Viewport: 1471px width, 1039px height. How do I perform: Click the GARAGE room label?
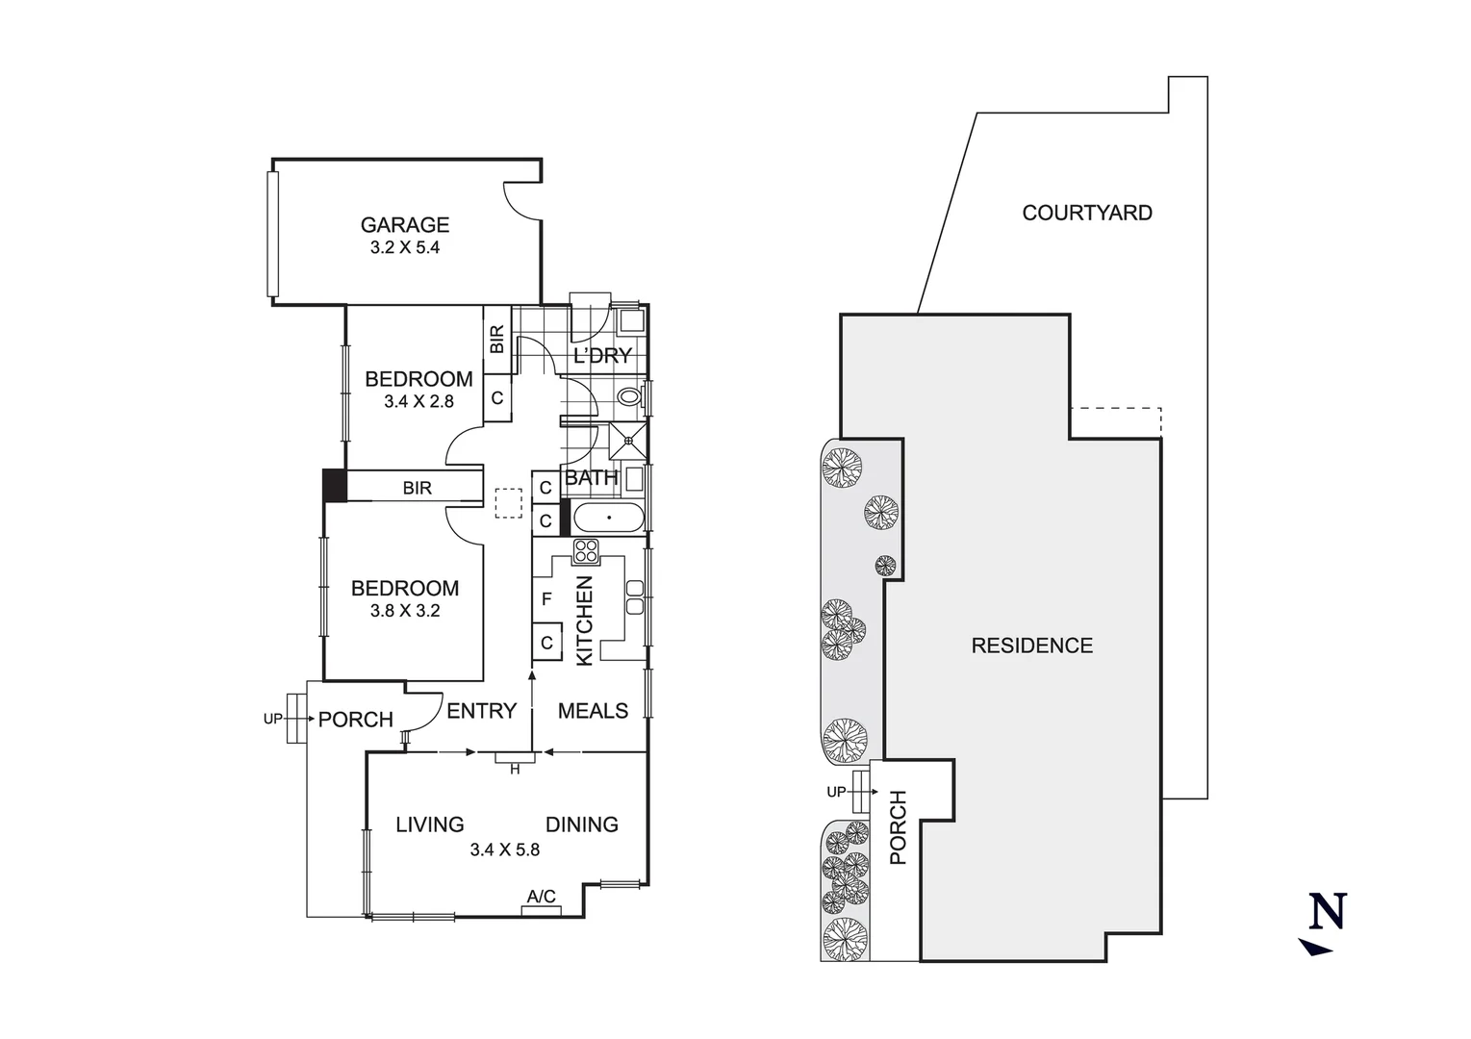[404, 224]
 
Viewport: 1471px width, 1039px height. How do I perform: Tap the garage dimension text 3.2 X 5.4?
[404, 247]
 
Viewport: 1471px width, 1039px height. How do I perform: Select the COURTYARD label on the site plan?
[1086, 213]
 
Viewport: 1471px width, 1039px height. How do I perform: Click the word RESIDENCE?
[1031, 646]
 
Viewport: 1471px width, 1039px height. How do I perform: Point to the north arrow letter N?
[1328, 911]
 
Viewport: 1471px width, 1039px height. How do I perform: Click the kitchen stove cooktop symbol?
[586, 551]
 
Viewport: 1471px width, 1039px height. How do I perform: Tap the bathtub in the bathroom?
[608, 519]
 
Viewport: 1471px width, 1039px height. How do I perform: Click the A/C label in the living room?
[541, 897]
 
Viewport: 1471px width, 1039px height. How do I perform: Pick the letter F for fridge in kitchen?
[546, 599]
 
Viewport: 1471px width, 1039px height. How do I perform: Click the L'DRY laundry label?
[602, 355]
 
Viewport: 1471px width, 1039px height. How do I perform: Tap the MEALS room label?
[593, 711]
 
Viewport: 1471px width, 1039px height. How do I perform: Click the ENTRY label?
[481, 711]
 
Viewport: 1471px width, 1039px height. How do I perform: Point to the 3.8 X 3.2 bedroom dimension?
[404, 611]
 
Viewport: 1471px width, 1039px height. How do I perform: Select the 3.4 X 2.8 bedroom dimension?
[418, 402]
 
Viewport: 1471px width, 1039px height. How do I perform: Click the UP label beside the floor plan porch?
[273, 719]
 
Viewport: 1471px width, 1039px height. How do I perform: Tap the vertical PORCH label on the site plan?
[899, 826]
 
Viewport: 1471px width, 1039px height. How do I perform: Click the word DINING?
[581, 824]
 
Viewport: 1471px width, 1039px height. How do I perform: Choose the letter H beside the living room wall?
[515, 769]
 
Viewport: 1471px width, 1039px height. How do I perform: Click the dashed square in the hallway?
[508, 503]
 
